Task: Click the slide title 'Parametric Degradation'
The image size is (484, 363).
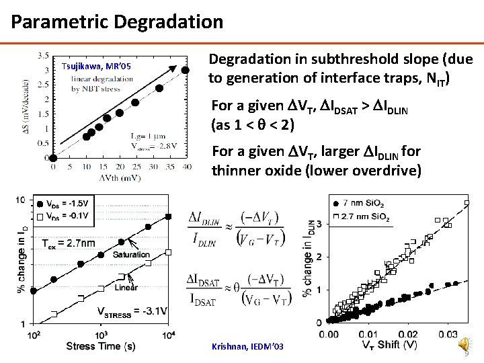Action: [117, 22]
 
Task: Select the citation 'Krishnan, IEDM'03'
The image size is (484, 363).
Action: [248, 346]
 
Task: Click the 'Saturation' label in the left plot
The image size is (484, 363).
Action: [132, 255]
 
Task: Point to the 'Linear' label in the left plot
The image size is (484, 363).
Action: [126, 287]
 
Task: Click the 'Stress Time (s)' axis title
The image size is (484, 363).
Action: [100, 346]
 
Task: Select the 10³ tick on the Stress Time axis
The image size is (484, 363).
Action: [102, 335]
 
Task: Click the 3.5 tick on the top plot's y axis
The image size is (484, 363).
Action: [42, 55]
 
